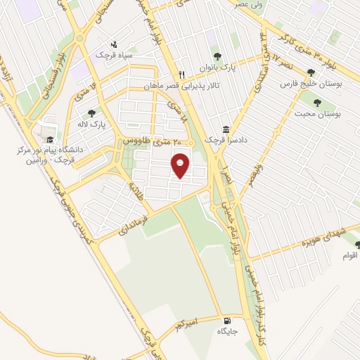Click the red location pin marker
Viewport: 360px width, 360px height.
tap(181, 165)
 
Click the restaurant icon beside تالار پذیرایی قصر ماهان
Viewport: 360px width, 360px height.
tap(181, 75)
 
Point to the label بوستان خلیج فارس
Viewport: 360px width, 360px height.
tap(311, 84)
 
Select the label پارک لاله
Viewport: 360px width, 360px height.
tap(91, 124)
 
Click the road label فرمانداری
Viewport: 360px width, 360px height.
tap(129, 224)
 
